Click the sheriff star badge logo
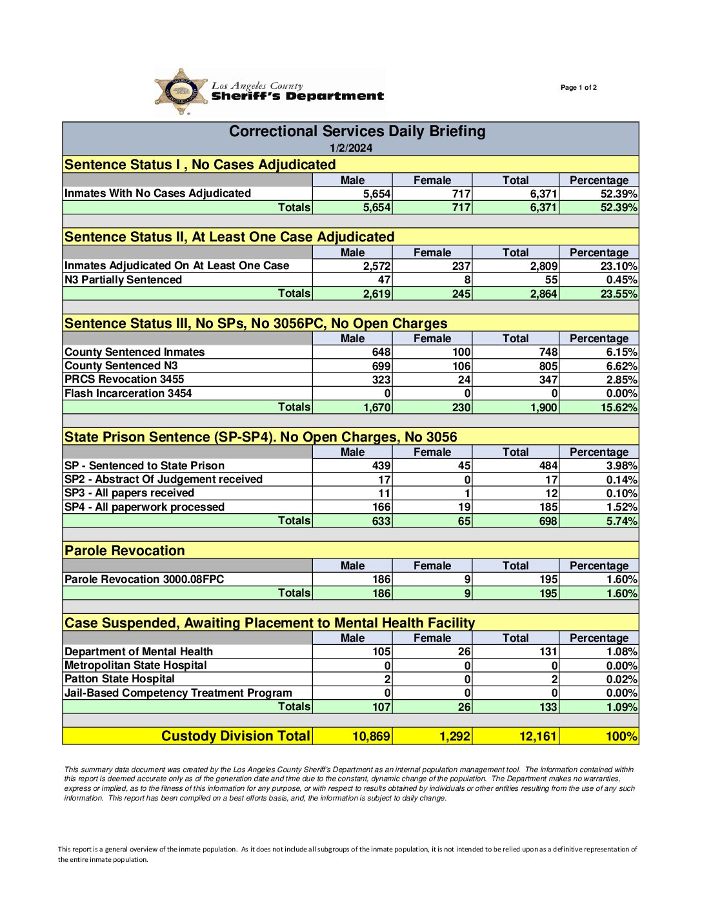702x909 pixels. pyautogui.click(x=181, y=92)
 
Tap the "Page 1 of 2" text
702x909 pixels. pyautogui.click(x=578, y=88)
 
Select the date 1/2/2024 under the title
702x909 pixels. pyautogui.click(x=351, y=148)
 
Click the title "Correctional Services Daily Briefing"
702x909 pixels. pyautogui.click(x=357, y=132)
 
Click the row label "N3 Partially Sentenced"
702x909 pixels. pyautogui.click(x=123, y=280)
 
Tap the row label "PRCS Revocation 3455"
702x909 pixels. pyautogui.click(x=124, y=379)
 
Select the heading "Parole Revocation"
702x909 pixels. pyautogui.click(x=125, y=551)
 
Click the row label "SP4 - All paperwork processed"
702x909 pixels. pyautogui.click(x=145, y=507)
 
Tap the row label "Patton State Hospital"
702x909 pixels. pyautogui.click(x=119, y=679)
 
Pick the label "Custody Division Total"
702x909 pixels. pyautogui.click(x=236, y=736)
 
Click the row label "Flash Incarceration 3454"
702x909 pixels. pyautogui.click(x=128, y=393)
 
